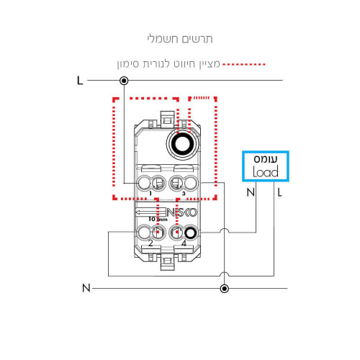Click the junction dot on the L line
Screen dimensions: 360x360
(x=124, y=81)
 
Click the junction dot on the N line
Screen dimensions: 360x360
(x=225, y=289)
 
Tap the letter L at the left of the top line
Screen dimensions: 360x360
(x=80, y=81)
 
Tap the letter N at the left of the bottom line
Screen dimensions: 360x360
(x=86, y=288)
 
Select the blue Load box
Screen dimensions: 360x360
(x=266, y=166)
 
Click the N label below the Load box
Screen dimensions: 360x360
(x=251, y=192)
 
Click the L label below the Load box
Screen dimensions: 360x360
(x=279, y=192)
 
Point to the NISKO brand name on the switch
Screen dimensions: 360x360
(x=182, y=212)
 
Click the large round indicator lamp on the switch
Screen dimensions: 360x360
(x=183, y=144)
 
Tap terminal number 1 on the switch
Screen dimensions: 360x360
(x=150, y=194)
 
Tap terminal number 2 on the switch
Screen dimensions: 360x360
(x=150, y=243)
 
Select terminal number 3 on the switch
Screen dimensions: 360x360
(x=184, y=194)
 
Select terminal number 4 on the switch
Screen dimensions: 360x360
(x=184, y=243)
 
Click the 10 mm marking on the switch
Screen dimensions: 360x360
(x=158, y=219)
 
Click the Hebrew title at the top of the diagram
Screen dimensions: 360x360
(x=180, y=39)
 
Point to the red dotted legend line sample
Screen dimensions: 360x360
(x=244, y=64)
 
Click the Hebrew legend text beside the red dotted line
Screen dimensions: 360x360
(x=168, y=64)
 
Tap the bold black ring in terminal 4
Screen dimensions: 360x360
(x=191, y=233)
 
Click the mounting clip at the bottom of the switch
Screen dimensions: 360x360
(x=167, y=264)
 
